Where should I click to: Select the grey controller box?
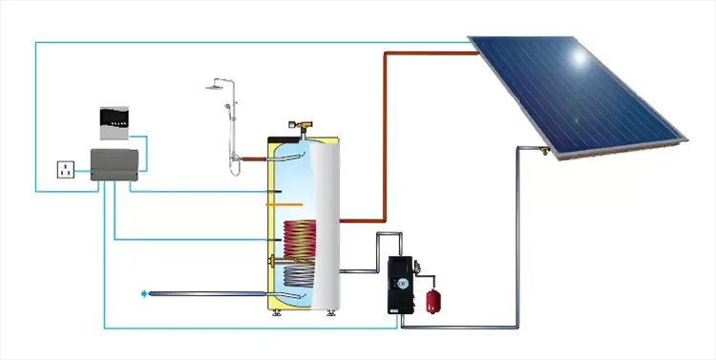[115, 164]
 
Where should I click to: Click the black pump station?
[400, 285]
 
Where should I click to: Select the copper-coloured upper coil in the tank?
[298, 237]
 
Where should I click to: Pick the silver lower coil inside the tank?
[300, 277]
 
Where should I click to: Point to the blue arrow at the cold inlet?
[144, 293]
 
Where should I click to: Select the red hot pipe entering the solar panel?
[430, 53]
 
